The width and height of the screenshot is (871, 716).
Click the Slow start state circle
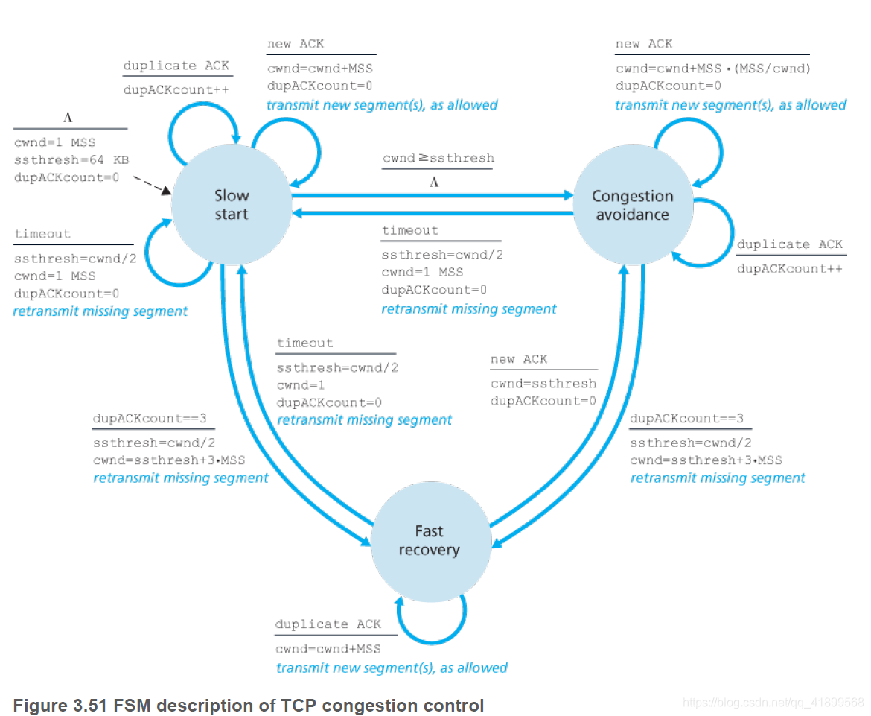[x=231, y=205]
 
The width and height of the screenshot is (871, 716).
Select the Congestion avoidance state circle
[x=632, y=205]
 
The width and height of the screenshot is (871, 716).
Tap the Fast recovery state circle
[x=429, y=541]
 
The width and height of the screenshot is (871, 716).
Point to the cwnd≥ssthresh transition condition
[x=438, y=159]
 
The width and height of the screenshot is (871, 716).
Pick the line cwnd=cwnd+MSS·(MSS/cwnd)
[x=712, y=69]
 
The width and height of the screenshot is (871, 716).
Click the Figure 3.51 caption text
[x=249, y=705]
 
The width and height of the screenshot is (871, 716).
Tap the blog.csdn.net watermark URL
[x=773, y=703]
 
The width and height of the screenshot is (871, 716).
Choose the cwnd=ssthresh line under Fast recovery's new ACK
[x=543, y=384]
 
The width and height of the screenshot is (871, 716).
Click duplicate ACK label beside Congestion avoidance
[x=790, y=244]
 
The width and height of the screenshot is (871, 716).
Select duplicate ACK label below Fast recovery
[x=328, y=624]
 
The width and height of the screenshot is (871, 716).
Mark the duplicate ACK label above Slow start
[x=176, y=66]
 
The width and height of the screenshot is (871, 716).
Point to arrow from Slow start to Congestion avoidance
[x=432, y=196]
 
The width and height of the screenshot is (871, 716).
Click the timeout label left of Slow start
[x=42, y=234]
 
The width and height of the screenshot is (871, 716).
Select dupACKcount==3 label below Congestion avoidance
[x=686, y=419]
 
